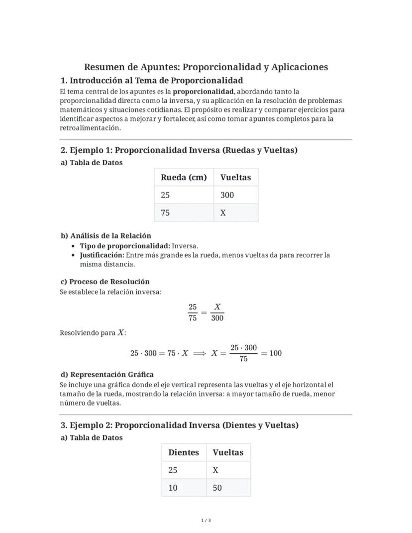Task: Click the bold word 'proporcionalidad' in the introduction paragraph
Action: click(x=203, y=92)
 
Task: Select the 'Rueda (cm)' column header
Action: click(x=184, y=177)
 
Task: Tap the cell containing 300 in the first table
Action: click(x=227, y=195)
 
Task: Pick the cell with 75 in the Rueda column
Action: click(x=165, y=213)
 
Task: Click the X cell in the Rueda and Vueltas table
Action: click(x=223, y=213)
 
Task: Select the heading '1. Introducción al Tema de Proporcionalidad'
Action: click(x=152, y=81)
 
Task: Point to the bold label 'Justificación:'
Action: click(x=102, y=255)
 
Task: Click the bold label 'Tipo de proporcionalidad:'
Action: click(x=125, y=246)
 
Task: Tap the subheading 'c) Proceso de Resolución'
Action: click(x=105, y=282)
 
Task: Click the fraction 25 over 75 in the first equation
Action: click(x=193, y=313)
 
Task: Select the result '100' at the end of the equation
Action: click(x=275, y=353)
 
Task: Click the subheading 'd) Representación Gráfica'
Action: click(x=107, y=375)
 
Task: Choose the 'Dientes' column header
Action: click(x=184, y=452)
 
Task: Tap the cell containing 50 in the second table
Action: click(x=217, y=488)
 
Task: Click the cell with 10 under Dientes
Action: click(x=173, y=488)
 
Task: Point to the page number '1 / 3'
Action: click(x=206, y=521)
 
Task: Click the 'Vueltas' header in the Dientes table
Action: click(x=228, y=452)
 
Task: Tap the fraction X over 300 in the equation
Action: click(x=217, y=313)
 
